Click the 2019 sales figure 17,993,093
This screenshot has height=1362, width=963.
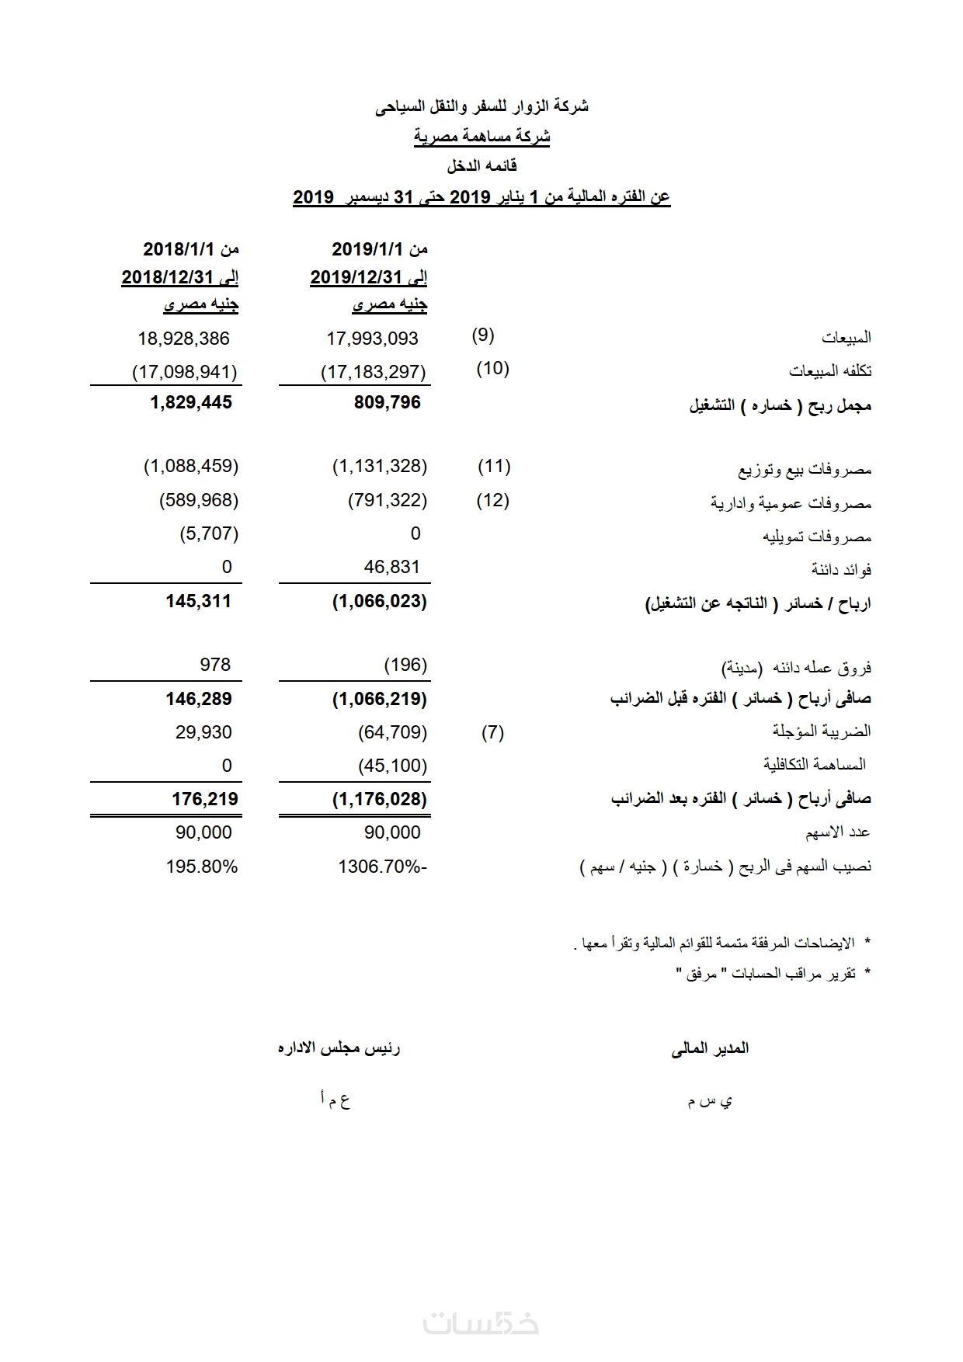click(372, 339)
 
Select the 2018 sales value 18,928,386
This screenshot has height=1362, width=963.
click(183, 339)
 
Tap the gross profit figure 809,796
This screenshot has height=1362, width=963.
click(387, 402)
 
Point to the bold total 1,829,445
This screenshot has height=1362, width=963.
click(191, 402)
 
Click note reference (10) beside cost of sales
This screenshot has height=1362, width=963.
click(492, 368)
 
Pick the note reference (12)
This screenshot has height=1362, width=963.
click(492, 500)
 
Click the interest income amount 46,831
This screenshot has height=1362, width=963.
click(391, 567)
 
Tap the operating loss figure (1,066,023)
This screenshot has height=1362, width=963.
click(379, 601)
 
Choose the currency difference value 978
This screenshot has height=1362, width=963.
click(215, 665)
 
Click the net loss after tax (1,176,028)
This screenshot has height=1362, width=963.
click(379, 799)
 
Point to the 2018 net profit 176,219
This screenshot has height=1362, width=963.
click(205, 799)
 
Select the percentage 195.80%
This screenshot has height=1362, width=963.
click(201, 867)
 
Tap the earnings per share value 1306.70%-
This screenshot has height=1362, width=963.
click(382, 867)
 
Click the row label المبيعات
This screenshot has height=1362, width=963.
click(846, 338)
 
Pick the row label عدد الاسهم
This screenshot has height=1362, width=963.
click(837, 832)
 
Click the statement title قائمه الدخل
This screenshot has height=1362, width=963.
click(481, 165)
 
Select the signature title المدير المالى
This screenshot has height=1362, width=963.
click(710, 1048)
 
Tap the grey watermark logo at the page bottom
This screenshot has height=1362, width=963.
click(481, 1322)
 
